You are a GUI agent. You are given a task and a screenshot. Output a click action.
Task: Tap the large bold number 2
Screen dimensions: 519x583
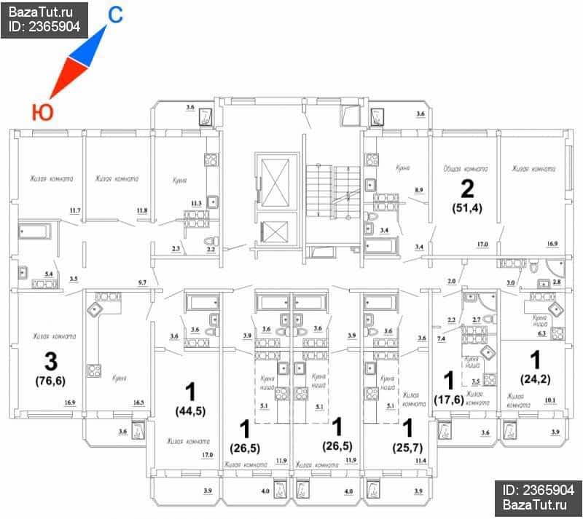(467, 189)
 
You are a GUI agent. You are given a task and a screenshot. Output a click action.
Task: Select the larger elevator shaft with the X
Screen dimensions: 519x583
(276, 181)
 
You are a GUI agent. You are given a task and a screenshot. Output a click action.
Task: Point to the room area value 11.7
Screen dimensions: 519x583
(74, 211)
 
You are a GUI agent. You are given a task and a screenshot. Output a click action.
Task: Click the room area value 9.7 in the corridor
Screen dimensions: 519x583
(142, 281)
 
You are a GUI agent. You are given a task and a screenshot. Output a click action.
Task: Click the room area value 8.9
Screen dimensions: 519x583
(419, 190)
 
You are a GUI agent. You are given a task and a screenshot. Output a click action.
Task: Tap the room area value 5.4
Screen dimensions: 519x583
(50, 273)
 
